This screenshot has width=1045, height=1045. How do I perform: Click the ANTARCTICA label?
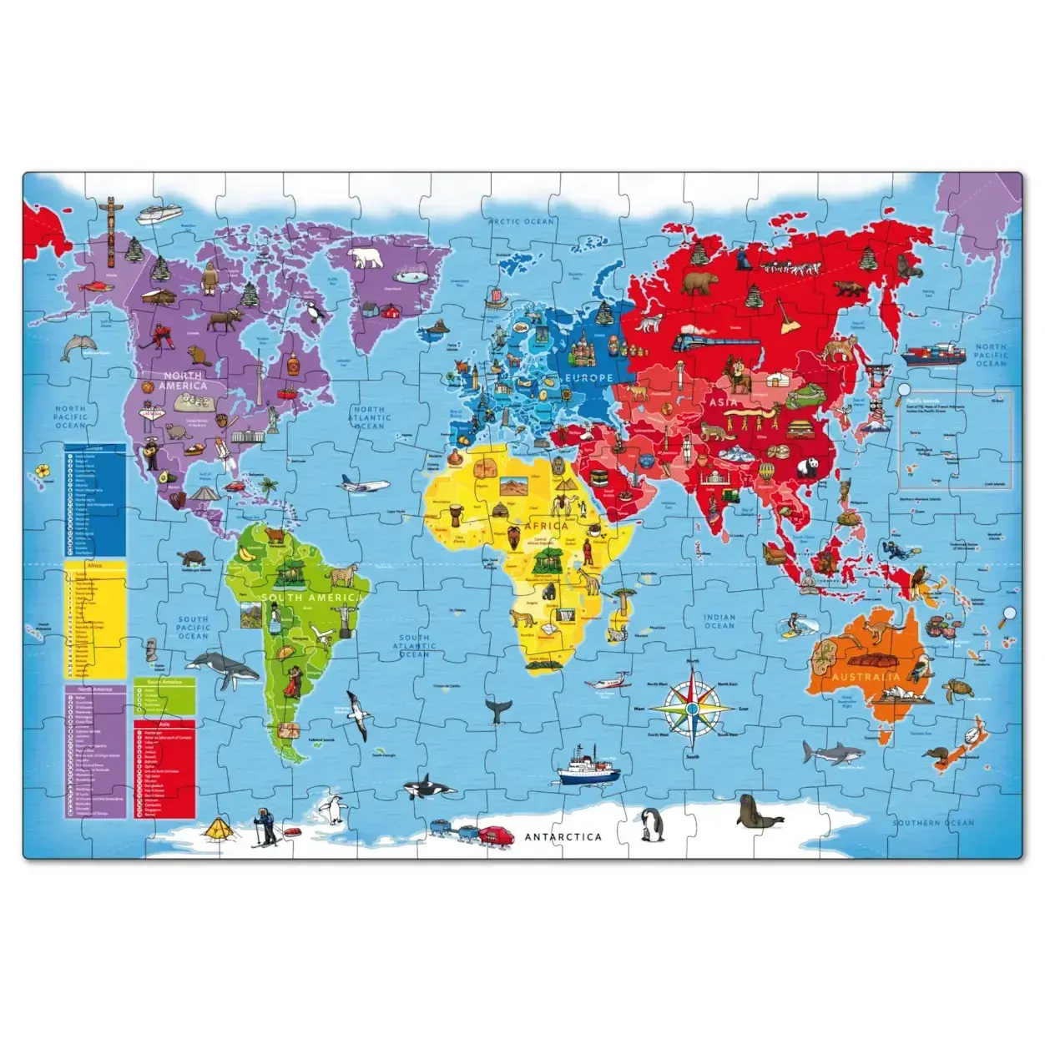click(563, 836)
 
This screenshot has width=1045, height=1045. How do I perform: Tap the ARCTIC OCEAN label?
click(522, 221)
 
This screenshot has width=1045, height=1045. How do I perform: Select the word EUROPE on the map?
click(588, 378)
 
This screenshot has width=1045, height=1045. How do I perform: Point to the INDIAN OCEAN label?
click(719, 622)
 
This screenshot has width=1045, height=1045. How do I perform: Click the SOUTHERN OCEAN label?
click(933, 823)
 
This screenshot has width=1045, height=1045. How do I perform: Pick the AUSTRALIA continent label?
click(866, 676)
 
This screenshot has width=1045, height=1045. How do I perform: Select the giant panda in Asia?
click(807, 470)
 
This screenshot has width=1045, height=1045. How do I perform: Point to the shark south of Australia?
click(831, 753)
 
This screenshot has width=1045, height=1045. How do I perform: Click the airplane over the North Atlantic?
click(364, 483)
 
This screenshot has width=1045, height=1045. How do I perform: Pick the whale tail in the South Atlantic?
click(499, 709)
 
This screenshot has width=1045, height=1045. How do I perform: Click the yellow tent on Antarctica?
click(220, 829)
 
